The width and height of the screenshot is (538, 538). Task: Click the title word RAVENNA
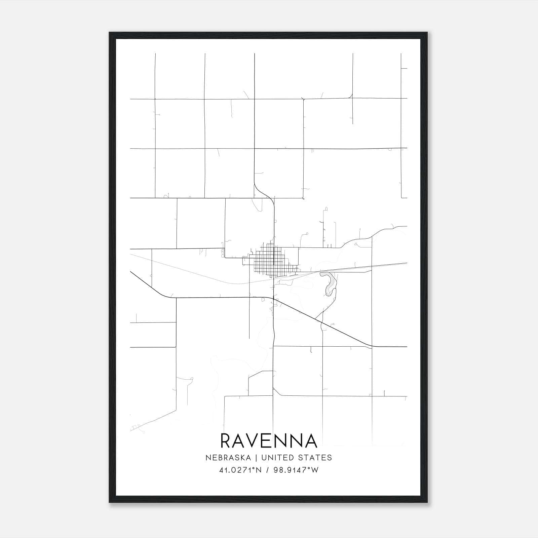pos(269,441)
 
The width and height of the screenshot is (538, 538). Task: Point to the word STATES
pos(314,458)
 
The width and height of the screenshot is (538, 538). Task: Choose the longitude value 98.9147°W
pos(295,470)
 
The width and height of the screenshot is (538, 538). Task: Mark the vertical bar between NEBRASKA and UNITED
pos(256,458)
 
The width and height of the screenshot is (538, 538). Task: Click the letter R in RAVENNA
pos(227,441)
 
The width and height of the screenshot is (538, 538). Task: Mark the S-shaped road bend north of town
pos(264,192)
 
